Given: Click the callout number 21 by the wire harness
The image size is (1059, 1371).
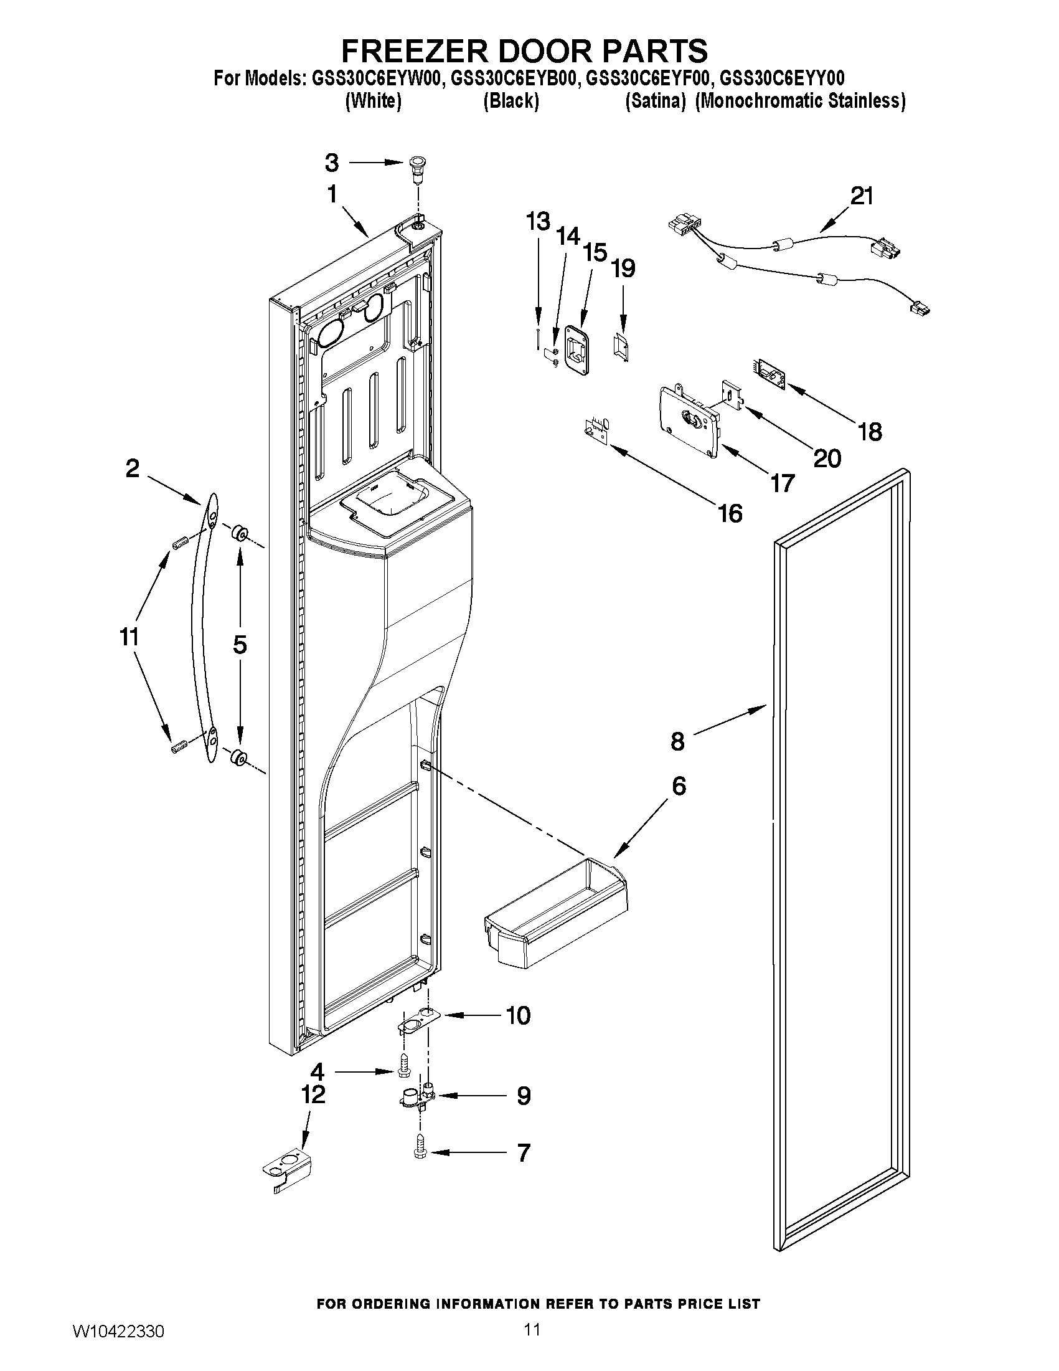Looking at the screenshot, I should (x=862, y=196).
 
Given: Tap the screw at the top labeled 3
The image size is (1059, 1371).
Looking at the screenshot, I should (x=415, y=168).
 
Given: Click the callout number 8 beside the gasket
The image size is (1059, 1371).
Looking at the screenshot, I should (x=677, y=742).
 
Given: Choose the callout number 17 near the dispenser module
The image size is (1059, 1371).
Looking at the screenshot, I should (x=782, y=483).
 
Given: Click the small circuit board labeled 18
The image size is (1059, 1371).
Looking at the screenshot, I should (x=768, y=371).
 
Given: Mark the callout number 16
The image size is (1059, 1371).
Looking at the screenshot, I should (x=730, y=513).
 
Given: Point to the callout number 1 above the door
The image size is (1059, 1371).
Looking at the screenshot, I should (x=332, y=194).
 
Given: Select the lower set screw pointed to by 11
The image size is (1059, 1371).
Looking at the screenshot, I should (x=179, y=747).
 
